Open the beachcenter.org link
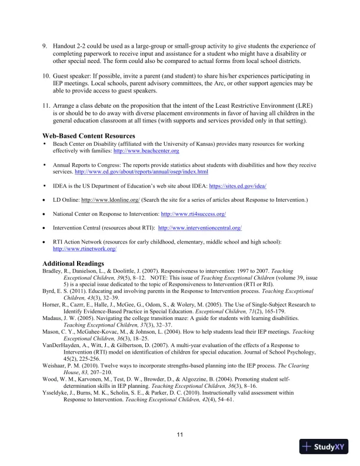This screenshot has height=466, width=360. pos(146,151)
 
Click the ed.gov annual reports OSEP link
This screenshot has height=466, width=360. pos(142,172)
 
